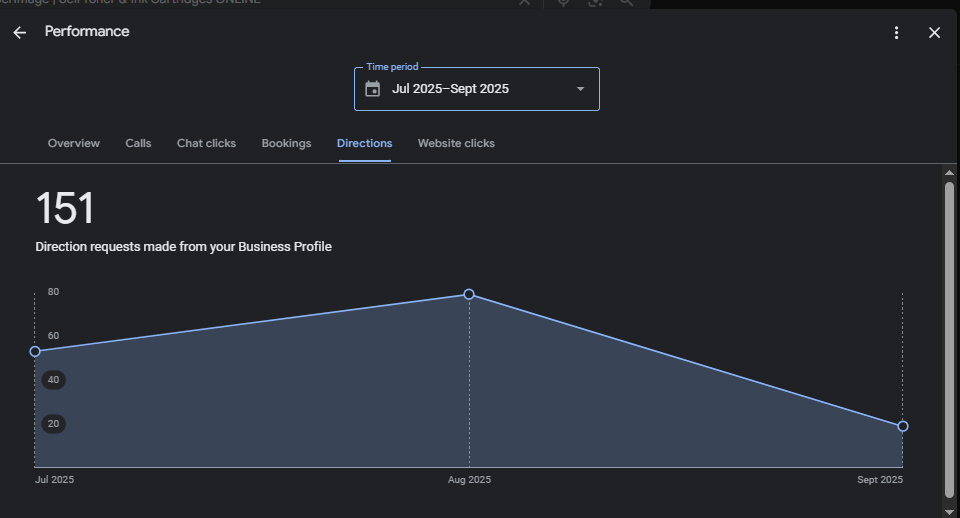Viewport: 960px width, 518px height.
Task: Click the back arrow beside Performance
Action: pos(20,33)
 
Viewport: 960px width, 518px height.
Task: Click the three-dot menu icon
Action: pos(897,33)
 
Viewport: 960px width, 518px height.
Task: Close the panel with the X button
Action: pos(934,33)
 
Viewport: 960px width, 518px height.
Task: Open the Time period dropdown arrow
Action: pos(581,89)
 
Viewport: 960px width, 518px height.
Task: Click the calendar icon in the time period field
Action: pos(373,89)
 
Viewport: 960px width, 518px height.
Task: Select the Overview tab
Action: pos(74,143)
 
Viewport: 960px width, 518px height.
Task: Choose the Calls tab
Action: pos(138,143)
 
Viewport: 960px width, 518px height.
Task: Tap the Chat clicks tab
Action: pos(206,143)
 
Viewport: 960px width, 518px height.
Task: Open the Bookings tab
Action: pos(286,143)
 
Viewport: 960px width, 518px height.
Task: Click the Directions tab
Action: pos(364,143)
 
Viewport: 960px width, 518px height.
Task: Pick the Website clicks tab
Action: pos(456,143)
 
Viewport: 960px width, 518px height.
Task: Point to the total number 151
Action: pos(65,209)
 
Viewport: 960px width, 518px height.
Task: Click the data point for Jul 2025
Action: pos(35,351)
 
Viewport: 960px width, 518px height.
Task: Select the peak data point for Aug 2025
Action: pos(469,294)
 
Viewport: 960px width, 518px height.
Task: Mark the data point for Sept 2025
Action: pos(903,426)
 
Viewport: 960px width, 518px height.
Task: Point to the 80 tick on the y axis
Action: pos(53,292)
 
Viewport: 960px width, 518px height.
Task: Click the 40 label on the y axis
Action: pos(53,380)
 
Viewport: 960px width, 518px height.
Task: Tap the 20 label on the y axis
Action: pos(53,424)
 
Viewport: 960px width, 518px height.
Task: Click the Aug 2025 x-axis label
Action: pos(469,480)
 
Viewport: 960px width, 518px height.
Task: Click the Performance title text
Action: pos(87,31)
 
